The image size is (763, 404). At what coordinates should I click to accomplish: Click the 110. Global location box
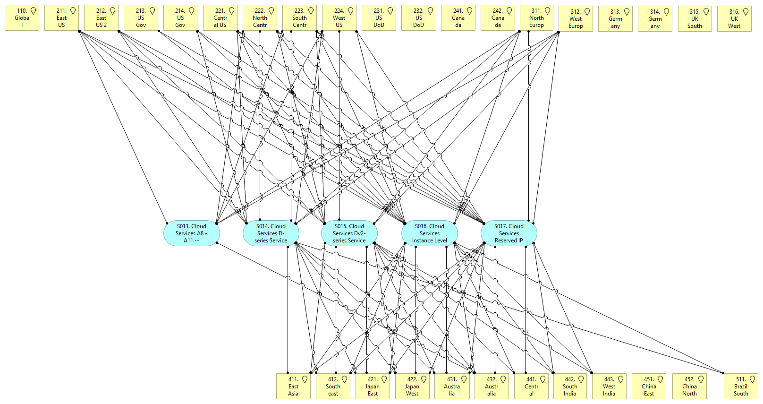[22, 18]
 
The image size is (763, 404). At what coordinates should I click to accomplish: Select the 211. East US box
[61, 18]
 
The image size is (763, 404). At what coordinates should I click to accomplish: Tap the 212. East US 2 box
[101, 18]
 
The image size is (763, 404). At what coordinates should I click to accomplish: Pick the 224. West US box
[339, 18]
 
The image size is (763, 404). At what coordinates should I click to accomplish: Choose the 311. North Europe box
[536, 18]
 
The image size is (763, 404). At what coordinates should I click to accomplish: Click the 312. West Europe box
[576, 19]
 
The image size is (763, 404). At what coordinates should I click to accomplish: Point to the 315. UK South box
[695, 19]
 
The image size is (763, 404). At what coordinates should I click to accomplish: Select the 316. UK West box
[734, 19]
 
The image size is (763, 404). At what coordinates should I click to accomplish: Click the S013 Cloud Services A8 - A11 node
[191, 233]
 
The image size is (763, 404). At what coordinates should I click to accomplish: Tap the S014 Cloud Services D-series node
[271, 233]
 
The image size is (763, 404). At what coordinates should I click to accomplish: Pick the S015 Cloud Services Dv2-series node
[349, 233]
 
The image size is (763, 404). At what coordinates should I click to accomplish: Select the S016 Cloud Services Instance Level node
[429, 233]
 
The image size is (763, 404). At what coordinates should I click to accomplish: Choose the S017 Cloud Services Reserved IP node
[509, 233]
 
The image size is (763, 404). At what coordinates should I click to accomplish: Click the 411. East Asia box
[293, 387]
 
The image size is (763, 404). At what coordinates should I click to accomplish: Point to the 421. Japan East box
[373, 387]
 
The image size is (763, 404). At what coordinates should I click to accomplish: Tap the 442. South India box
[570, 387]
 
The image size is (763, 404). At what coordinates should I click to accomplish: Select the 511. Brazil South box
[741, 387]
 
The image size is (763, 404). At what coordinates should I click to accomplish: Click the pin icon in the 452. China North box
[701, 379]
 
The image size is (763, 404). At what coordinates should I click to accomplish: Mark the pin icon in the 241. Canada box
[470, 10]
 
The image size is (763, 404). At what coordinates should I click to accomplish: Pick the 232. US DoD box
[418, 18]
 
